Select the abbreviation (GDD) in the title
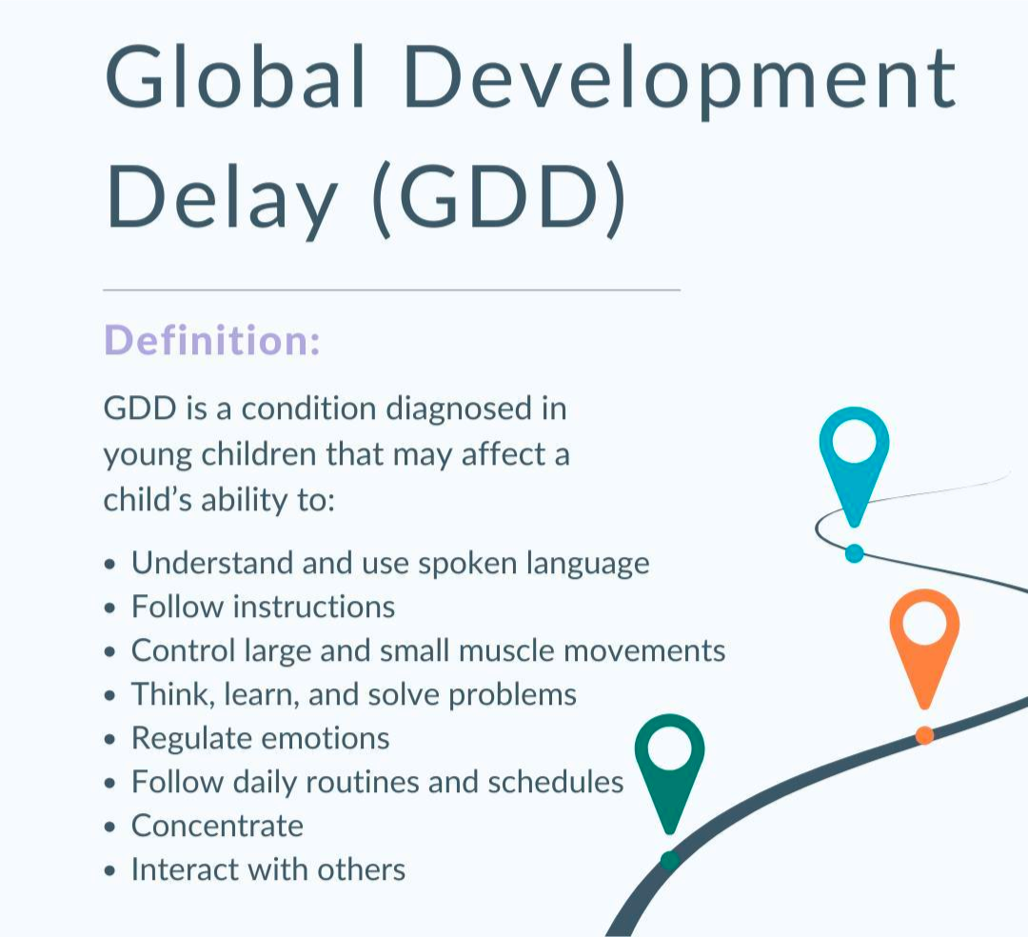[498, 199]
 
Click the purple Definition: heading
[212, 340]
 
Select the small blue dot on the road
[854, 553]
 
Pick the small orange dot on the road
[924, 735]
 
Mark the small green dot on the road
[669, 860]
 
